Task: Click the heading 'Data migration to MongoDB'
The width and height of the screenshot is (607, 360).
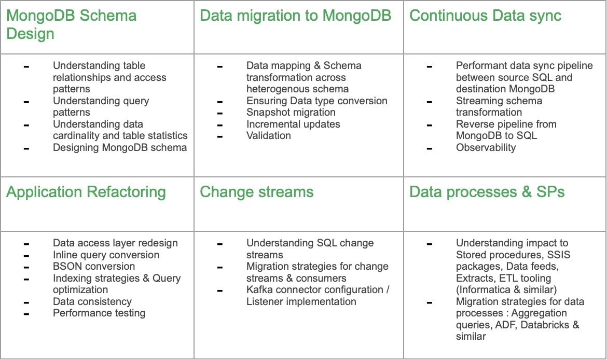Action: tap(295, 16)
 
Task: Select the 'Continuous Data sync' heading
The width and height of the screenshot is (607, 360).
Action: tap(486, 16)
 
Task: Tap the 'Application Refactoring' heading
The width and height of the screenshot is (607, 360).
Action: tap(86, 192)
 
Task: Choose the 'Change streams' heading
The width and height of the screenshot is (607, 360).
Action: tap(257, 192)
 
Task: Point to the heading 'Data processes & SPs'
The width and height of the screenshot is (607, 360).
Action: tap(487, 192)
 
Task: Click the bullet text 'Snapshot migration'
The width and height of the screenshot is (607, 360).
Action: tap(291, 112)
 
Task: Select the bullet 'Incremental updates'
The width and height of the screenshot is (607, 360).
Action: tap(294, 124)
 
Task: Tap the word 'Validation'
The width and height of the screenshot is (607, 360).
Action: tap(269, 136)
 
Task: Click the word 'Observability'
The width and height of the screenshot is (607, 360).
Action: tap(486, 148)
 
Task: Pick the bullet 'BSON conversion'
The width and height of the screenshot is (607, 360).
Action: tap(94, 266)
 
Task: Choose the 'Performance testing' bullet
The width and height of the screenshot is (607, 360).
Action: tap(99, 313)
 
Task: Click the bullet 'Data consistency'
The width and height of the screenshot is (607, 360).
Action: tap(92, 301)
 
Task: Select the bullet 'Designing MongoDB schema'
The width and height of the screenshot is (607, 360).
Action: tap(120, 148)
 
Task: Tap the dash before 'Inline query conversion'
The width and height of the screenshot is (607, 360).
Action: tap(26, 256)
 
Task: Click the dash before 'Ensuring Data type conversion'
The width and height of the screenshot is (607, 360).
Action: tap(220, 102)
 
